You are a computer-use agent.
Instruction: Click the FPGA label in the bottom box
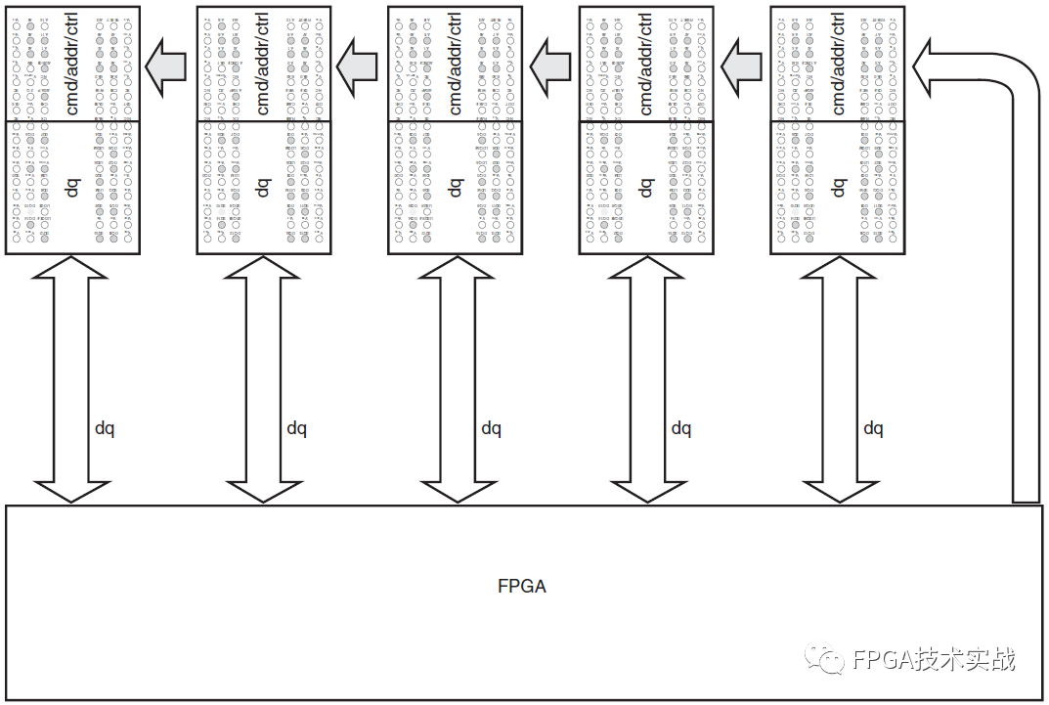(522, 587)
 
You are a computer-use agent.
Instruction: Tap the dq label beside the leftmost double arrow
(105, 428)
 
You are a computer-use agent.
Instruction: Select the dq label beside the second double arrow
(296, 428)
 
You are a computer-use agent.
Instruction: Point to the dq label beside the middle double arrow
(491, 428)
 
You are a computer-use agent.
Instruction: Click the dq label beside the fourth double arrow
(680, 428)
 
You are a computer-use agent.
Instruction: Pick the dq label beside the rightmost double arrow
(873, 428)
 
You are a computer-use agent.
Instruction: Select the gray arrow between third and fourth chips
(550, 66)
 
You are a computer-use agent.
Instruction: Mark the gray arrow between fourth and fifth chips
(742, 66)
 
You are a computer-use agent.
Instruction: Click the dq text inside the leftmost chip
(72, 186)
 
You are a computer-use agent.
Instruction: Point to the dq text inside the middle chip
(456, 186)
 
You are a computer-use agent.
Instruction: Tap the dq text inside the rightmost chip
(838, 186)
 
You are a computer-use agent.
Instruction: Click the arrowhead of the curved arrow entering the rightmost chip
(924, 65)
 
